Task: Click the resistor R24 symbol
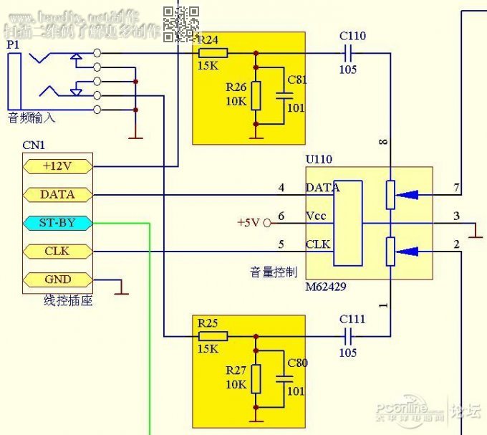pos(213,52)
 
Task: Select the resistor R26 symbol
pos(256,95)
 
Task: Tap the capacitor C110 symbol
pos(349,52)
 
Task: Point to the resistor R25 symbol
pos(213,336)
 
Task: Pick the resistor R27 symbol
pos(256,378)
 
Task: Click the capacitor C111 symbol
pos(349,336)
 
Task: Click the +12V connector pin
pos(57,166)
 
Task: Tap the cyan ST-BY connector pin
pos(57,223)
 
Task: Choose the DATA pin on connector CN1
pos(57,194)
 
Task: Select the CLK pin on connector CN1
pos(57,252)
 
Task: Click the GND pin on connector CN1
pos(57,280)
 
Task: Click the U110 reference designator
pos(319,159)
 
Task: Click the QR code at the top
pos(180,22)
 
